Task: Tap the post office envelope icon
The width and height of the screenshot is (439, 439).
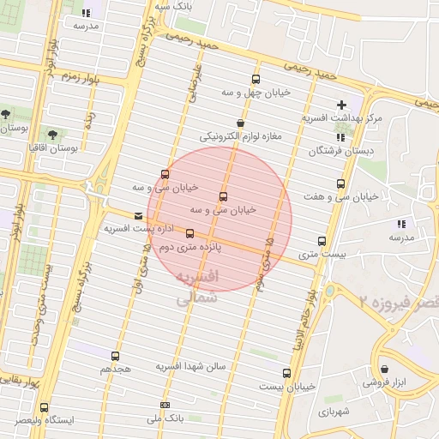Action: [139, 216]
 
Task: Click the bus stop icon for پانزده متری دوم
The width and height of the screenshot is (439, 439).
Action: [189, 233]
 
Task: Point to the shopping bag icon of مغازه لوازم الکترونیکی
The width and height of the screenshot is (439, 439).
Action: [239, 123]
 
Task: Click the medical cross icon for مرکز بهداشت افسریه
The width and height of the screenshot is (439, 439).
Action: [342, 104]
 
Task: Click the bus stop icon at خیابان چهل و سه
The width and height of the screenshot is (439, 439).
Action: [256, 80]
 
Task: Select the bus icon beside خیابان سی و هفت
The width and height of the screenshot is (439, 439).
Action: [341, 184]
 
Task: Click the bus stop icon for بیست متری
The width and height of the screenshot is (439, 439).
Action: [322, 241]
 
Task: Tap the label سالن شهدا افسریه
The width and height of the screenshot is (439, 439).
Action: [190, 366]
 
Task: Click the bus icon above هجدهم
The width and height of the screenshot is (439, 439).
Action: [116, 356]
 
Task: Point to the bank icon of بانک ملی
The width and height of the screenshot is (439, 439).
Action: [165, 406]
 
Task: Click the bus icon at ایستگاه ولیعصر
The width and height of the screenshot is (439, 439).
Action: [44, 407]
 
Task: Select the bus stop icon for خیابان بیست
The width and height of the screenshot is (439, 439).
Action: [286, 373]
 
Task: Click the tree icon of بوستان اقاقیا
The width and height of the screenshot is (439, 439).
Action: [53, 135]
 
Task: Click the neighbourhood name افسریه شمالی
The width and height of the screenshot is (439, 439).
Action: [198, 289]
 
